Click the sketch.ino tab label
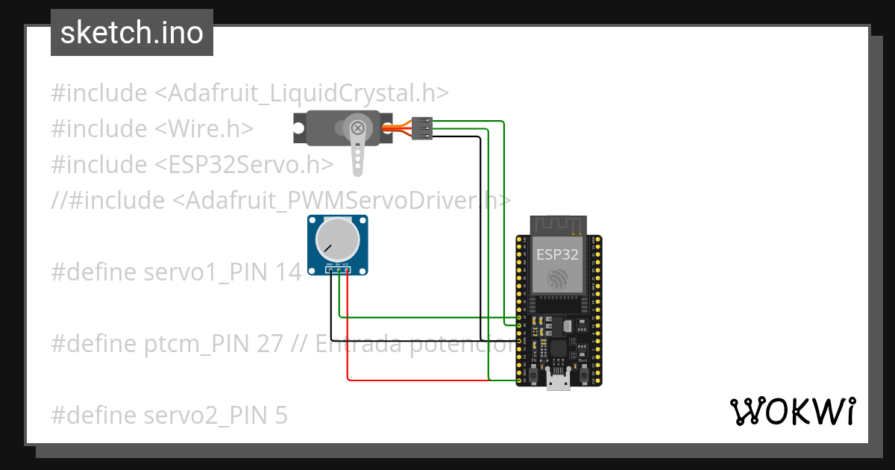(131, 33)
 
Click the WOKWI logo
(792, 411)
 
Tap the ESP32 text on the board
(557, 254)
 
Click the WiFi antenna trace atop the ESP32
(557, 224)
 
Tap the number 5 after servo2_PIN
(280, 415)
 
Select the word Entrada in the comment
(357, 344)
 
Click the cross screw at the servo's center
(359, 128)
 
